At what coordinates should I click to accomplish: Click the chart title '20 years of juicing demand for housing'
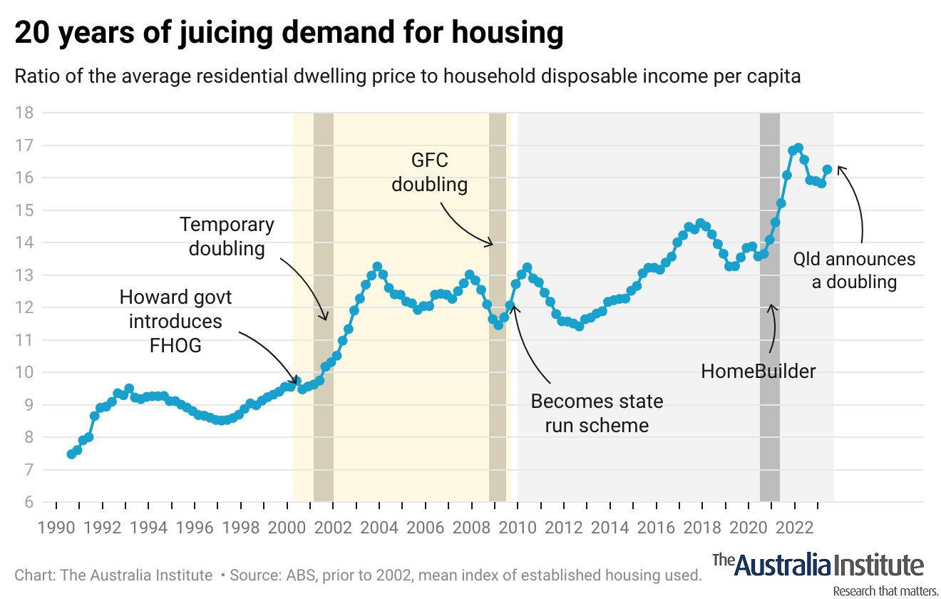(289, 34)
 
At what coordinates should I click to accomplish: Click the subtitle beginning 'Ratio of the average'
(408, 76)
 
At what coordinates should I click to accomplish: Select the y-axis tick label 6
(29, 503)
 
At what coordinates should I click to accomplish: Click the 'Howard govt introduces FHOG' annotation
(175, 321)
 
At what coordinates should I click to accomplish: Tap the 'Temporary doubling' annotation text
(227, 237)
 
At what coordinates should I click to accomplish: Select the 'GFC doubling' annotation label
(429, 172)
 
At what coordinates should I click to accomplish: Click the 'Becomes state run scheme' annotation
(597, 414)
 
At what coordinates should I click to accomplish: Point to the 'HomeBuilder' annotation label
(758, 371)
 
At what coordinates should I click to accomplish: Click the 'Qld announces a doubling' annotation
(854, 270)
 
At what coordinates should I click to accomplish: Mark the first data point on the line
(71, 454)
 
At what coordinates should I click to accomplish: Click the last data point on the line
(828, 170)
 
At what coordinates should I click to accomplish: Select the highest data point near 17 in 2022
(798, 148)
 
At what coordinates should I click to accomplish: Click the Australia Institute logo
(818, 565)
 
